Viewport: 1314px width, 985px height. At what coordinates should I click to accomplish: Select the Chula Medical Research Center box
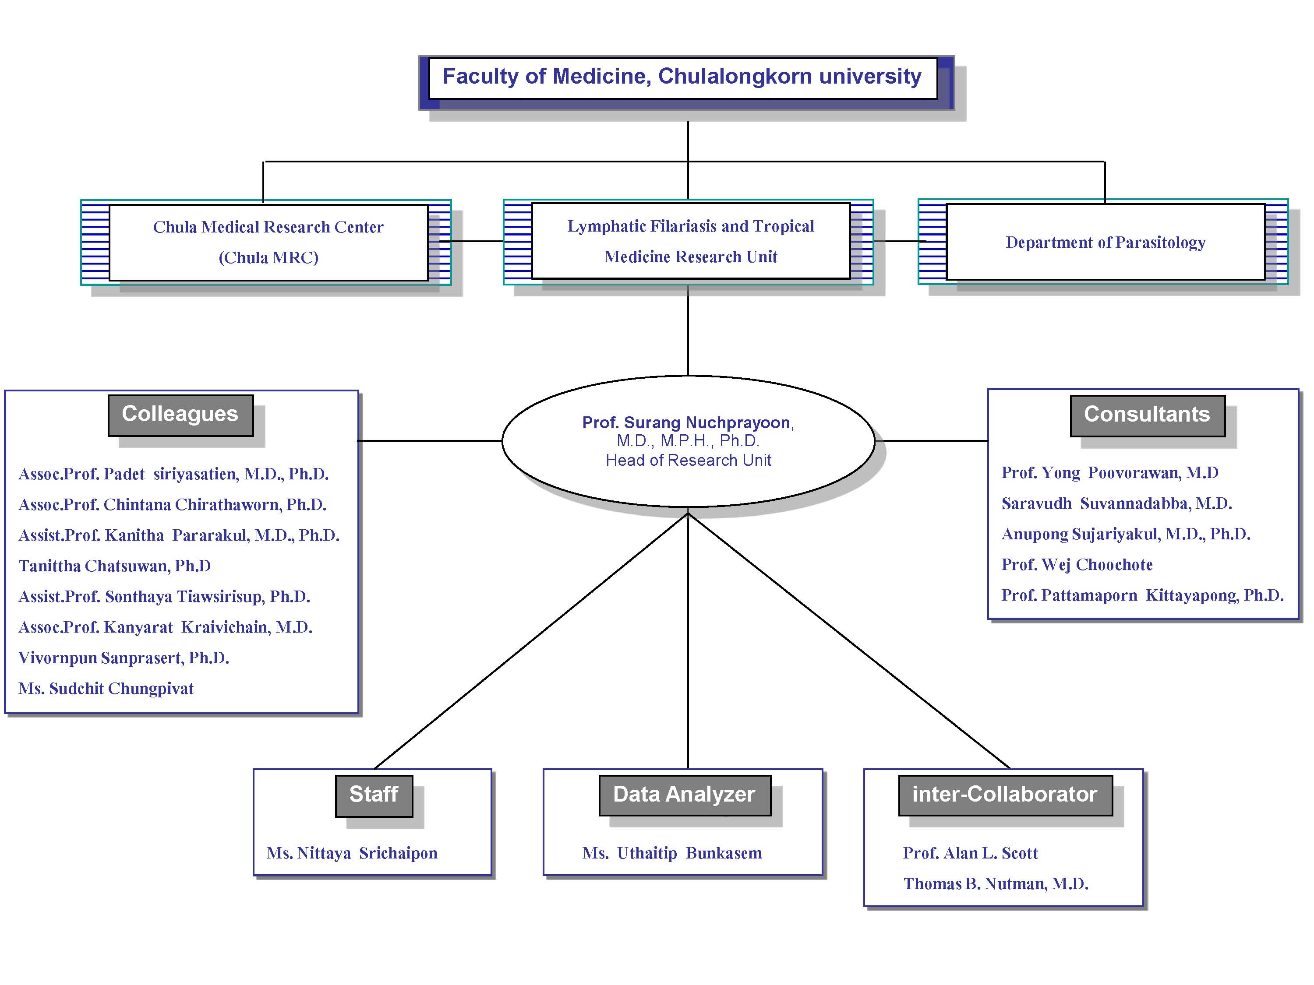point(268,242)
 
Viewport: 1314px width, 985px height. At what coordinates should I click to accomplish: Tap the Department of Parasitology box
point(1106,242)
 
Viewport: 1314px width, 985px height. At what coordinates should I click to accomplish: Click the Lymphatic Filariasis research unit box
point(691,240)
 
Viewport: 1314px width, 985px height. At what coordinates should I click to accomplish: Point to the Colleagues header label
point(180,415)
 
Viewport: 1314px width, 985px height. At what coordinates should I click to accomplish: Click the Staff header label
point(374,795)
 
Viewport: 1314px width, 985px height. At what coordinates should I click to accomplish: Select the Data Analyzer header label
point(685,795)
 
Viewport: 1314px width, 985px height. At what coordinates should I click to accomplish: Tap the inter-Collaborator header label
point(1005,795)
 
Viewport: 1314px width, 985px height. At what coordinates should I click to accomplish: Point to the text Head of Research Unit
point(689,460)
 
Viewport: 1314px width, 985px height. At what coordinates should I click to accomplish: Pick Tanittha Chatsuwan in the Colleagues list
point(115,566)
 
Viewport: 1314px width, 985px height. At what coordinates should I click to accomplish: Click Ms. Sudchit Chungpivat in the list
point(106,689)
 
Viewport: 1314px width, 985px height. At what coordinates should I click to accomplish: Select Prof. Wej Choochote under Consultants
point(1077,565)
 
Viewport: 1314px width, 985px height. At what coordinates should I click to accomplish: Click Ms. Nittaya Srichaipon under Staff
point(352,853)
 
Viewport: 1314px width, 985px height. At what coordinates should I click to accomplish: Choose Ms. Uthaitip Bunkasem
point(672,853)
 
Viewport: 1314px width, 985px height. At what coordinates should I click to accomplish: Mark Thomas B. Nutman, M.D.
point(996,884)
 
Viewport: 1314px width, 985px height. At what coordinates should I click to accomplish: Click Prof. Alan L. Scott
point(971,853)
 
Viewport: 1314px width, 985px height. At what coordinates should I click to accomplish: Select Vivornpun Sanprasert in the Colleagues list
point(124,658)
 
